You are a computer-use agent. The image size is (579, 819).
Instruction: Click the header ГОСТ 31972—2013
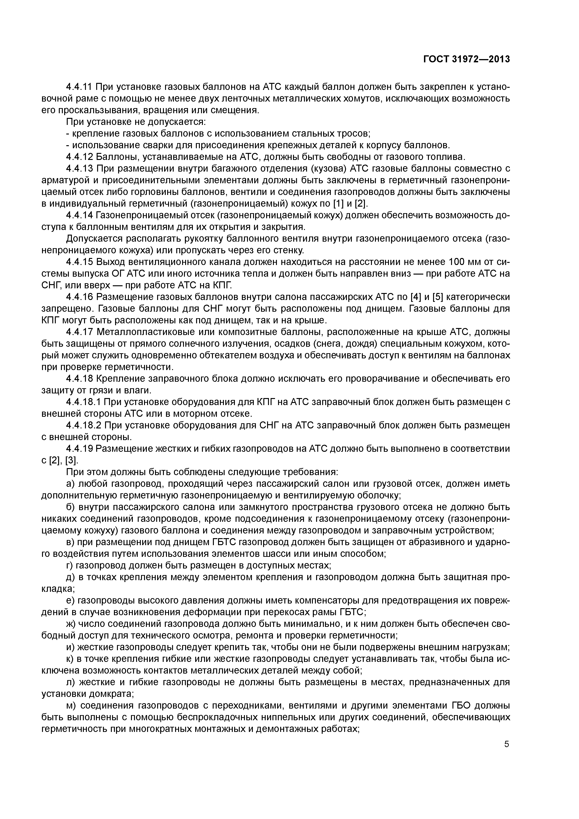tap(467, 59)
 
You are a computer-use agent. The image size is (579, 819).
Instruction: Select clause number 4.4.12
tap(79, 157)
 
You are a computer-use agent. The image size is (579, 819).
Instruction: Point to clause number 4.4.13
tap(79, 168)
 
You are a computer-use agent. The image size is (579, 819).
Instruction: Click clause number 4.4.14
tap(79, 215)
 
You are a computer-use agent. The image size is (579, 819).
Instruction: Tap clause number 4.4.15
tap(79, 262)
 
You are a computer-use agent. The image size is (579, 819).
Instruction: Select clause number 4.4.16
tap(79, 297)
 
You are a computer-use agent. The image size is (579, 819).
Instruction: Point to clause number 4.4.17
tap(79, 332)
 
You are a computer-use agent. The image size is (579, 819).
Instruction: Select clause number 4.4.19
tap(79, 449)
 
